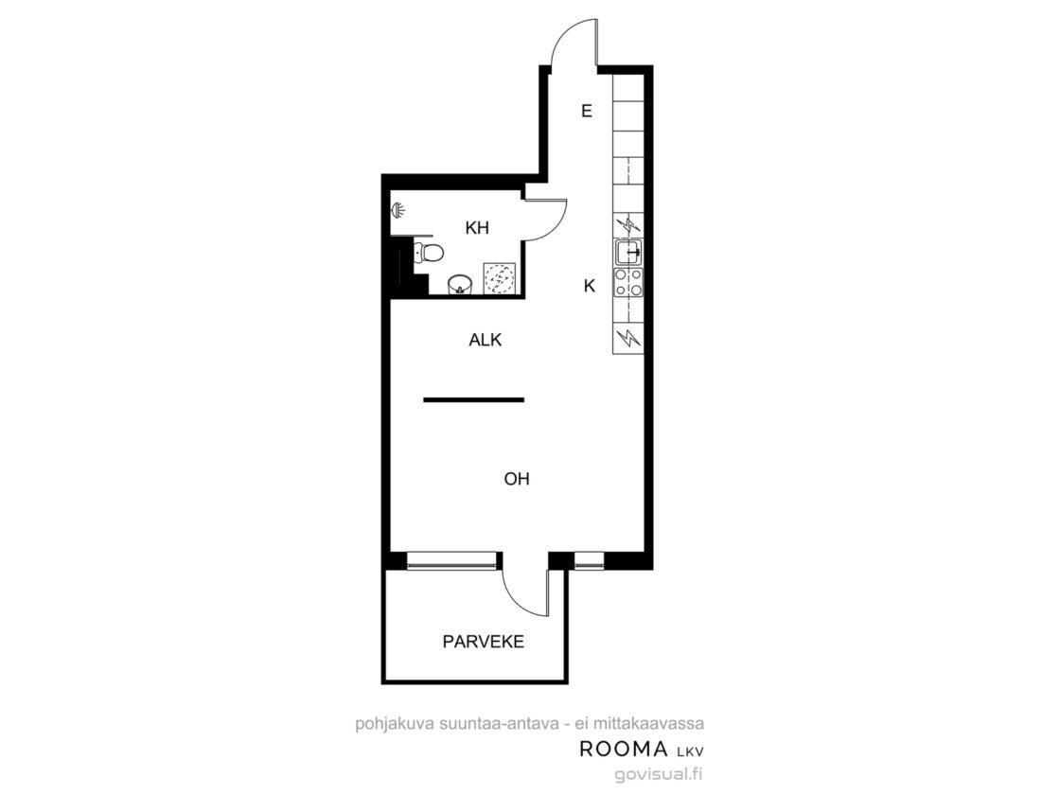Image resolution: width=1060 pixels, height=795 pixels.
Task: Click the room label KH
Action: click(x=477, y=228)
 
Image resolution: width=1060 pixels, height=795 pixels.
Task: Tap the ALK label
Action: click(x=486, y=340)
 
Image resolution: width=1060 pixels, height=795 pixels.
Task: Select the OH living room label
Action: click(x=517, y=479)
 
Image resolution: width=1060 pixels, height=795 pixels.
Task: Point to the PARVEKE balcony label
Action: click(x=484, y=642)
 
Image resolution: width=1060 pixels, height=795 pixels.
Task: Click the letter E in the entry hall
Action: click(x=587, y=111)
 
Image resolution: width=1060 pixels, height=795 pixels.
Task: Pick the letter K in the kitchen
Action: click(x=590, y=286)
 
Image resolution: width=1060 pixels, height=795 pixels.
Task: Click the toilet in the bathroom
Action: click(x=429, y=254)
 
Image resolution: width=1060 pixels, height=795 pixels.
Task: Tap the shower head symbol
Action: click(x=398, y=210)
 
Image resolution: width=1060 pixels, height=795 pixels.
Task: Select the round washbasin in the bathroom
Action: click(x=461, y=285)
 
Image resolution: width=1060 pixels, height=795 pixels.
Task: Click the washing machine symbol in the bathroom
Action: click(x=500, y=279)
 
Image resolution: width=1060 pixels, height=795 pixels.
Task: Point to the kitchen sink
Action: click(x=628, y=252)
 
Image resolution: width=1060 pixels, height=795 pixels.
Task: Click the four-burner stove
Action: click(x=628, y=282)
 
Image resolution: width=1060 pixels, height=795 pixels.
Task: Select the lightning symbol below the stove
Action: click(x=628, y=337)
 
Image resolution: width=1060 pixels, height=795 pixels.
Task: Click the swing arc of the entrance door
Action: click(x=564, y=31)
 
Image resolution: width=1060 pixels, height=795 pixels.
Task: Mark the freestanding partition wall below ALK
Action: click(x=474, y=399)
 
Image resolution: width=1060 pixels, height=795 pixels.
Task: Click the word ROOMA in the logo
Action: click(x=624, y=749)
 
